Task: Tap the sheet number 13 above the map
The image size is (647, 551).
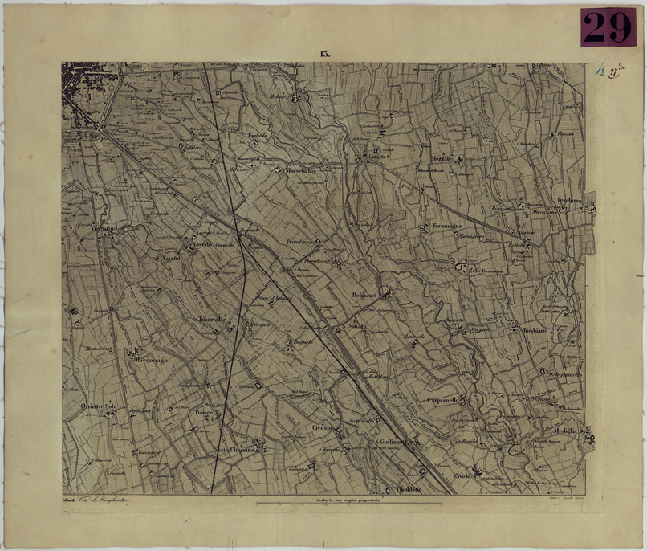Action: point(324,54)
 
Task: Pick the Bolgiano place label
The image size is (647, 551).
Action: point(364,295)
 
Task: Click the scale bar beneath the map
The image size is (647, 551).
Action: point(348,504)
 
